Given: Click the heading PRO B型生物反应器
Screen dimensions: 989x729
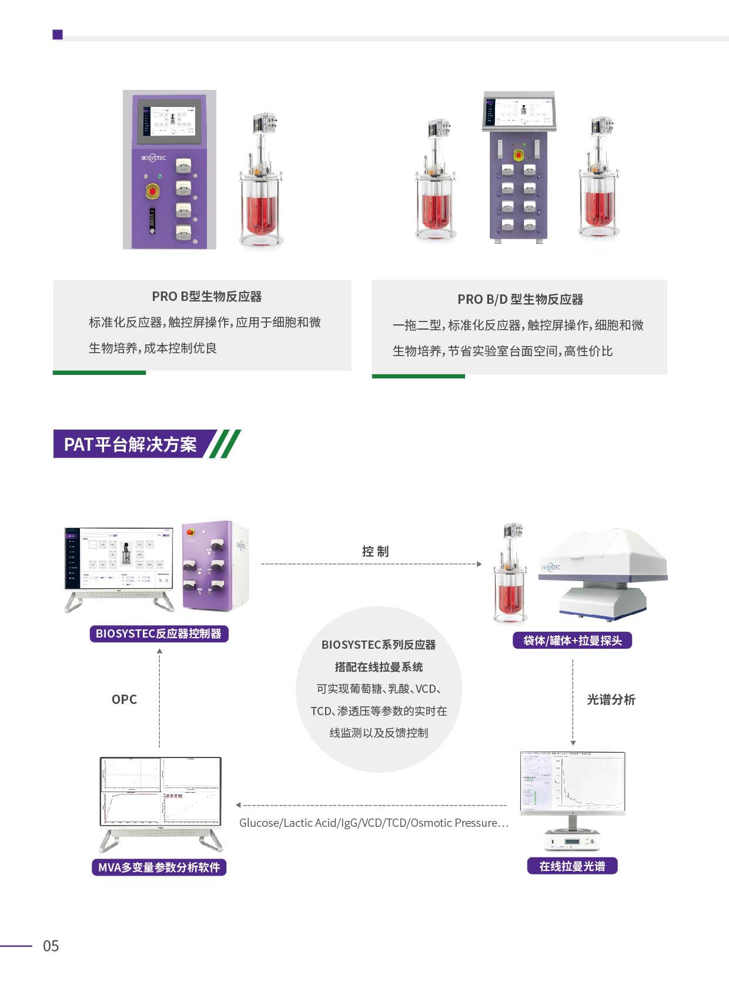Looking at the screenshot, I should pyautogui.click(x=206, y=297).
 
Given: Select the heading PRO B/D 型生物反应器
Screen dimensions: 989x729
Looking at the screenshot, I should pyautogui.click(x=520, y=300).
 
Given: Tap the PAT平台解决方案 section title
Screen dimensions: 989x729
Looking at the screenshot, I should pyautogui.click(x=130, y=444).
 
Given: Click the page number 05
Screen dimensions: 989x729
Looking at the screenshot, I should pyautogui.click(x=51, y=946).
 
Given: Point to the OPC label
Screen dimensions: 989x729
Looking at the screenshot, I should pyautogui.click(x=124, y=699).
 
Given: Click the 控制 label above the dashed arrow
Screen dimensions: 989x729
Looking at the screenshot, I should pyautogui.click(x=375, y=551).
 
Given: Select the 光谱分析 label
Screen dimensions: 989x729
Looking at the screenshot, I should pyautogui.click(x=611, y=699).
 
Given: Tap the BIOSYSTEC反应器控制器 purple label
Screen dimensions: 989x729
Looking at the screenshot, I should pyautogui.click(x=159, y=633).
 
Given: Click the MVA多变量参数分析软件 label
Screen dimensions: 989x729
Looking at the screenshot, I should pyautogui.click(x=159, y=867).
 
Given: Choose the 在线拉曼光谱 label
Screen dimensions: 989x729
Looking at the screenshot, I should pyautogui.click(x=572, y=866).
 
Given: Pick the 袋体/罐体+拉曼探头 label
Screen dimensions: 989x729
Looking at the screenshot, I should pyautogui.click(x=572, y=641).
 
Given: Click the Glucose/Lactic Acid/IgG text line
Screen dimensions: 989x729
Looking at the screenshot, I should pyautogui.click(x=374, y=823).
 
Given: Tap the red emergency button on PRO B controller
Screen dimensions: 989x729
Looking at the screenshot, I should pyautogui.click(x=153, y=191).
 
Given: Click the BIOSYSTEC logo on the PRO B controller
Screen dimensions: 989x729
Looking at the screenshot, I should pyautogui.click(x=153, y=157).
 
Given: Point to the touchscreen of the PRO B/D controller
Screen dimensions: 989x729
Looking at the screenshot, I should pyautogui.click(x=519, y=111).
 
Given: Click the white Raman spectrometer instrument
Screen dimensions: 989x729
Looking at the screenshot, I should pyautogui.click(x=603, y=573).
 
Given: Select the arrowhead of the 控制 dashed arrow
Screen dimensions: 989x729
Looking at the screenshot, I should pyautogui.click(x=479, y=564).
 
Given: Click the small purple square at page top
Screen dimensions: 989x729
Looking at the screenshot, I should pyautogui.click(x=58, y=35).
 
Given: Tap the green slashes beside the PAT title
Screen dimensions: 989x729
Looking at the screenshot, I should pyautogui.click(x=225, y=444).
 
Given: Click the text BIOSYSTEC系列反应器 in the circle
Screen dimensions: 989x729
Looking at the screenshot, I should pyautogui.click(x=379, y=645).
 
